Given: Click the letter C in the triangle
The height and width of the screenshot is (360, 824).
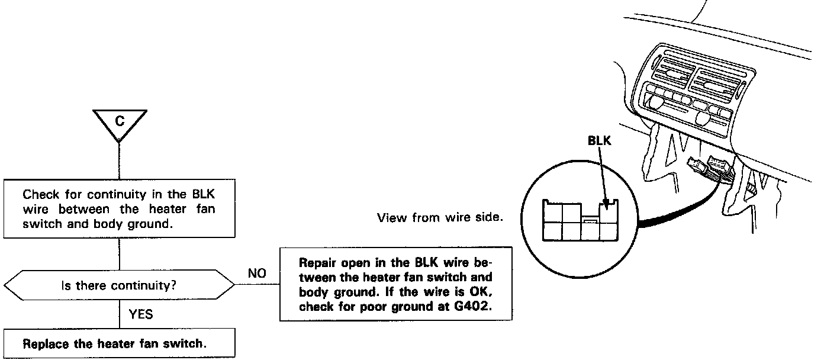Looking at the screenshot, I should pyautogui.click(x=120, y=121).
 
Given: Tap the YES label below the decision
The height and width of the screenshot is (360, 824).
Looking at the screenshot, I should pyautogui.click(x=140, y=314).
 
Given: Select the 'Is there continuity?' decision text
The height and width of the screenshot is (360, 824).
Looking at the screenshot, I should pyautogui.click(x=120, y=286).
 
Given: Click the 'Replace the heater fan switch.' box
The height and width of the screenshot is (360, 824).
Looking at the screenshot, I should pyautogui.click(x=114, y=344).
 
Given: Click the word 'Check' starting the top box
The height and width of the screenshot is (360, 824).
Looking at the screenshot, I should pyautogui.click(x=38, y=194).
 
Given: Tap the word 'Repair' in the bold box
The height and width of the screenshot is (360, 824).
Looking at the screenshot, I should pyautogui.click(x=317, y=262).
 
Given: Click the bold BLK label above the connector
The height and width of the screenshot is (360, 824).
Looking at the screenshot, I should pyautogui.click(x=599, y=142).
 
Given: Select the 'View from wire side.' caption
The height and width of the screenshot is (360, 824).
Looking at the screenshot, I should pyautogui.click(x=440, y=218).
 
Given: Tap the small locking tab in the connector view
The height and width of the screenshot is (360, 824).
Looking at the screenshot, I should pyautogui.click(x=590, y=220).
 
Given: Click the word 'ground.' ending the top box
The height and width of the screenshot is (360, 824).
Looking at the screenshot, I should pyautogui.click(x=159, y=224).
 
